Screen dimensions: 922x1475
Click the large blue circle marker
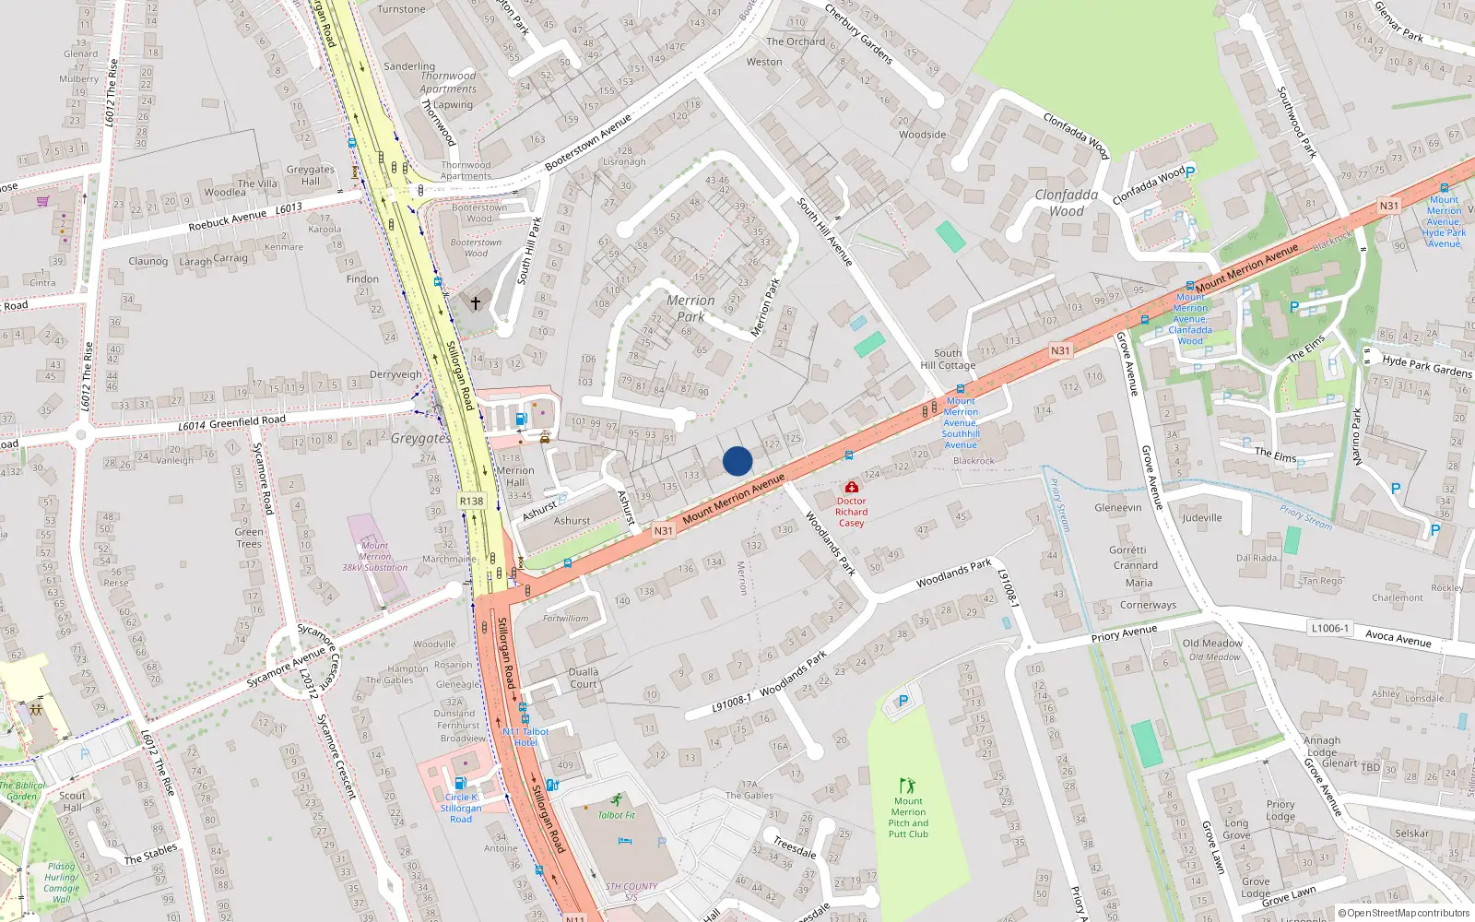click(737, 461)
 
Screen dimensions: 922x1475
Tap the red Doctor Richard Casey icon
click(851, 487)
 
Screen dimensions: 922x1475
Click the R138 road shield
click(471, 501)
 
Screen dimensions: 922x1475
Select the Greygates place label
click(420, 439)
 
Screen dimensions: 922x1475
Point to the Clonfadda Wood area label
click(1067, 203)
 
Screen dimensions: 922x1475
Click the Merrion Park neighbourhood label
click(690, 308)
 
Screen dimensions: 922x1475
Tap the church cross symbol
click(476, 302)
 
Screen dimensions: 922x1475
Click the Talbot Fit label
click(617, 815)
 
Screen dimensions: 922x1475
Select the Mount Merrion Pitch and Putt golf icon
click(907, 786)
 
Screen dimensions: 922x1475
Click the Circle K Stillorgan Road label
click(460, 808)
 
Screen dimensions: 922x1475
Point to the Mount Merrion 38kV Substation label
click(374, 556)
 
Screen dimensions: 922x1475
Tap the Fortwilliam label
click(565, 619)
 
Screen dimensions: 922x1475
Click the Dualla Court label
click(584, 678)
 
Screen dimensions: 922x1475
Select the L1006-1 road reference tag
click(1329, 628)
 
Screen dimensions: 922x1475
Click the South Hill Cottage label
click(948, 359)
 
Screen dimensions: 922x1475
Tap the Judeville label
click(1202, 517)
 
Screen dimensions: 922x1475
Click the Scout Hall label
click(72, 801)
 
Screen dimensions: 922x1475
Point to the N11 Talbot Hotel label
click(525, 737)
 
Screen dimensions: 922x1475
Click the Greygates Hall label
click(311, 175)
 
